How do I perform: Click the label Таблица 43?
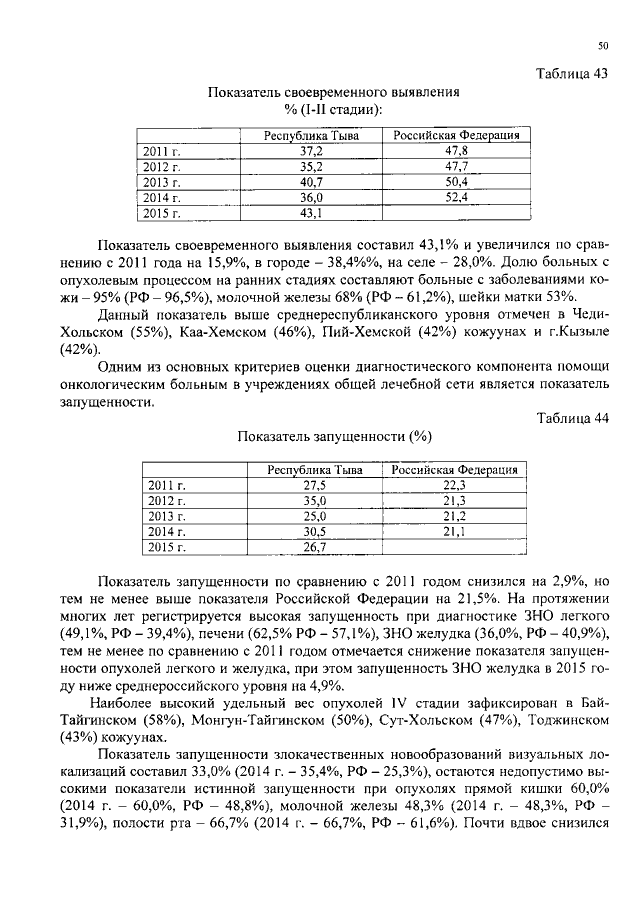572,73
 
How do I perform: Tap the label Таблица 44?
572,419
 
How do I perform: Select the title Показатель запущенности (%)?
334,437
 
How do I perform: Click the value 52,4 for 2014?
457,198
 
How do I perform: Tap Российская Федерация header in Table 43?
457,135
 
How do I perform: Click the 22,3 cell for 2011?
456,485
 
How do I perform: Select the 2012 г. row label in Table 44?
162,500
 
